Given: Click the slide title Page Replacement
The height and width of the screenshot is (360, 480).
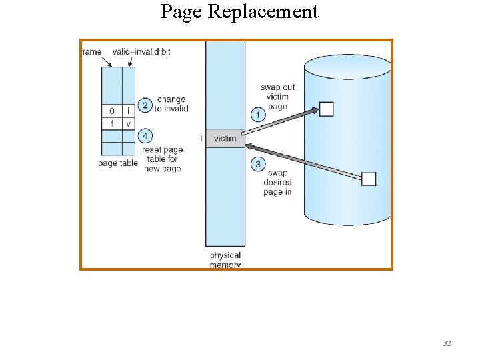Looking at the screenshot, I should pos(239,12).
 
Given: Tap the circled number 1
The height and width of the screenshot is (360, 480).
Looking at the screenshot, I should pos(258,115).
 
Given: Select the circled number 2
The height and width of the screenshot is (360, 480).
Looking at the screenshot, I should pos(145,105).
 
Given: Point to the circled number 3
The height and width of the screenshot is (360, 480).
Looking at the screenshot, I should pos(258,164).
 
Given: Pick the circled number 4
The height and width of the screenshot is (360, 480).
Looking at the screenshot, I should pos(145,136).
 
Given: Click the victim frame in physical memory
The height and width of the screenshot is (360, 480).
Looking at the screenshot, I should pos(225,139).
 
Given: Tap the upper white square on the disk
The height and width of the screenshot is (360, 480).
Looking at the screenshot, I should pos(326,109).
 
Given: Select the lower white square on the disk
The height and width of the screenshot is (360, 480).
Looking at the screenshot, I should pos(369,179).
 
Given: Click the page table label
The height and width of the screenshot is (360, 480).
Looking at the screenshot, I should pos(118,163).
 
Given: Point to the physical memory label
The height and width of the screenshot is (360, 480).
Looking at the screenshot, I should pos(225,260).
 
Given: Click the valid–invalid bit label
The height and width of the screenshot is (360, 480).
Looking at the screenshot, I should pos(141,52).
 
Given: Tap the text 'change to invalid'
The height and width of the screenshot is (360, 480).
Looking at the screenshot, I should pos(171,104).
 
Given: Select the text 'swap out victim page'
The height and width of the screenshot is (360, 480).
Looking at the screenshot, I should pos(277,97).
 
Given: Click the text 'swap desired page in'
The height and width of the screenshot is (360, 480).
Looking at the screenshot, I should pos(277,183).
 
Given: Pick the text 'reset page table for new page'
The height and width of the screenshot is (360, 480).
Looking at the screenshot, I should pos(162,160).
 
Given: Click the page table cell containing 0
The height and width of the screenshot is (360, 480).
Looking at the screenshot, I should pos(112,111).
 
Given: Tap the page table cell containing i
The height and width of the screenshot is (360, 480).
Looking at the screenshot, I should pos(128,111).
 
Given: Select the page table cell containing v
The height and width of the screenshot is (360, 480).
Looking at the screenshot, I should pos(128,123).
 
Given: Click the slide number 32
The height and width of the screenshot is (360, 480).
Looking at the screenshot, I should pos(447,343).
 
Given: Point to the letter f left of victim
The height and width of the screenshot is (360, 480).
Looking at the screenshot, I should pos(201,139).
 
